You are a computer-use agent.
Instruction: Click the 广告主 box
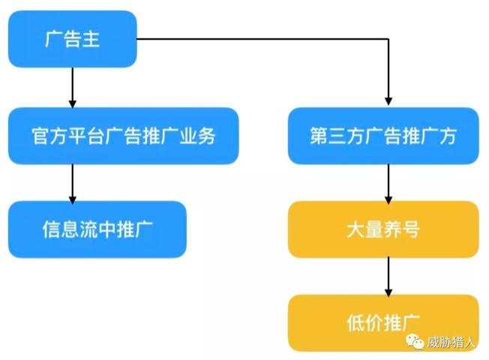[72, 39]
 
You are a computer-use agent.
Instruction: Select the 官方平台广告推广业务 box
[123, 136]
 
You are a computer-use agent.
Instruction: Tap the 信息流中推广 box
[97, 229]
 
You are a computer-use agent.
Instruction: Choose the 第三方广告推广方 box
[382, 136]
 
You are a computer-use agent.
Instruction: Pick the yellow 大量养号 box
[382, 229]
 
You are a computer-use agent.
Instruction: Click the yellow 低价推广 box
[382, 322]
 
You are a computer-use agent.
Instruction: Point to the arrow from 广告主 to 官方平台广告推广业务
[73, 87]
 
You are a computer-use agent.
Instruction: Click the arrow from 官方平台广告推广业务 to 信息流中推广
[73, 182]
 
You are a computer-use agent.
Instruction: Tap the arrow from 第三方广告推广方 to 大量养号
[388, 182]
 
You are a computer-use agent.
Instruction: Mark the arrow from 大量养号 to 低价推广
[388, 276]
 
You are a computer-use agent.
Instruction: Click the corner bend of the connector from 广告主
[388, 39]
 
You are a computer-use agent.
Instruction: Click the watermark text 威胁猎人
[451, 343]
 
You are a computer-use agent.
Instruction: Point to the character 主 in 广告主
[90, 39]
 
